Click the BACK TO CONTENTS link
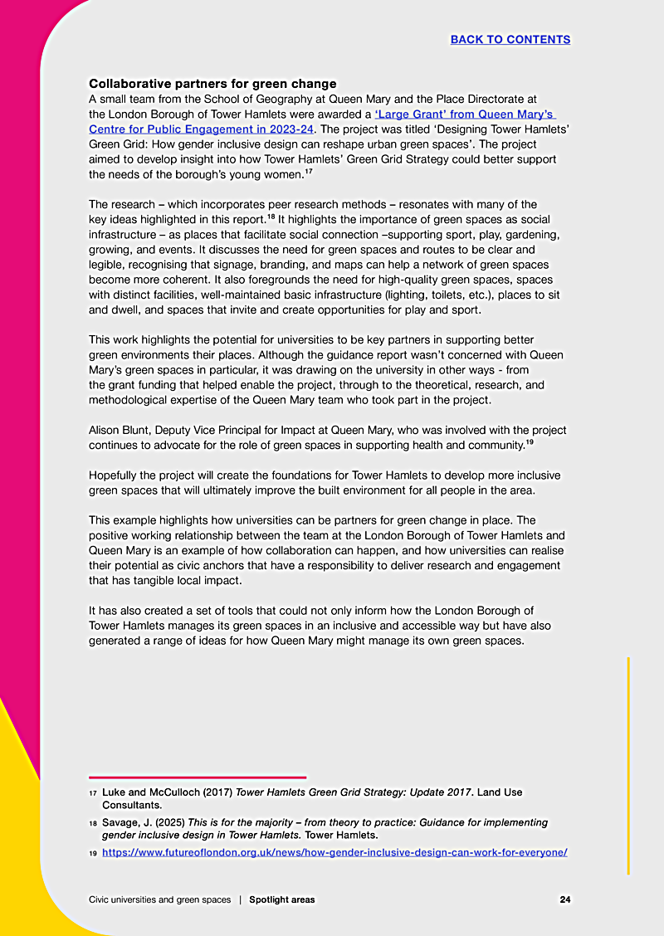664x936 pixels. [x=510, y=39]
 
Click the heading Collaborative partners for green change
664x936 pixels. [x=212, y=84]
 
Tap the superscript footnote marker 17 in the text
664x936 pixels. [x=309, y=172]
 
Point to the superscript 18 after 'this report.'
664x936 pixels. [x=271, y=217]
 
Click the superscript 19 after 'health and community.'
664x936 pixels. [x=529, y=441]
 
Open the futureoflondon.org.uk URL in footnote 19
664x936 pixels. [x=334, y=852]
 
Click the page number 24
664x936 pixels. [x=564, y=899]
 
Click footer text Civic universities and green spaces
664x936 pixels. [x=160, y=899]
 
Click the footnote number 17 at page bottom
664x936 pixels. [x=93, y=793]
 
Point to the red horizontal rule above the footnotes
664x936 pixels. [x=198, y=778]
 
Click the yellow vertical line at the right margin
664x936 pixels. [x=628, y=763]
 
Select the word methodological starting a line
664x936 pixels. [x=129, y=399]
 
